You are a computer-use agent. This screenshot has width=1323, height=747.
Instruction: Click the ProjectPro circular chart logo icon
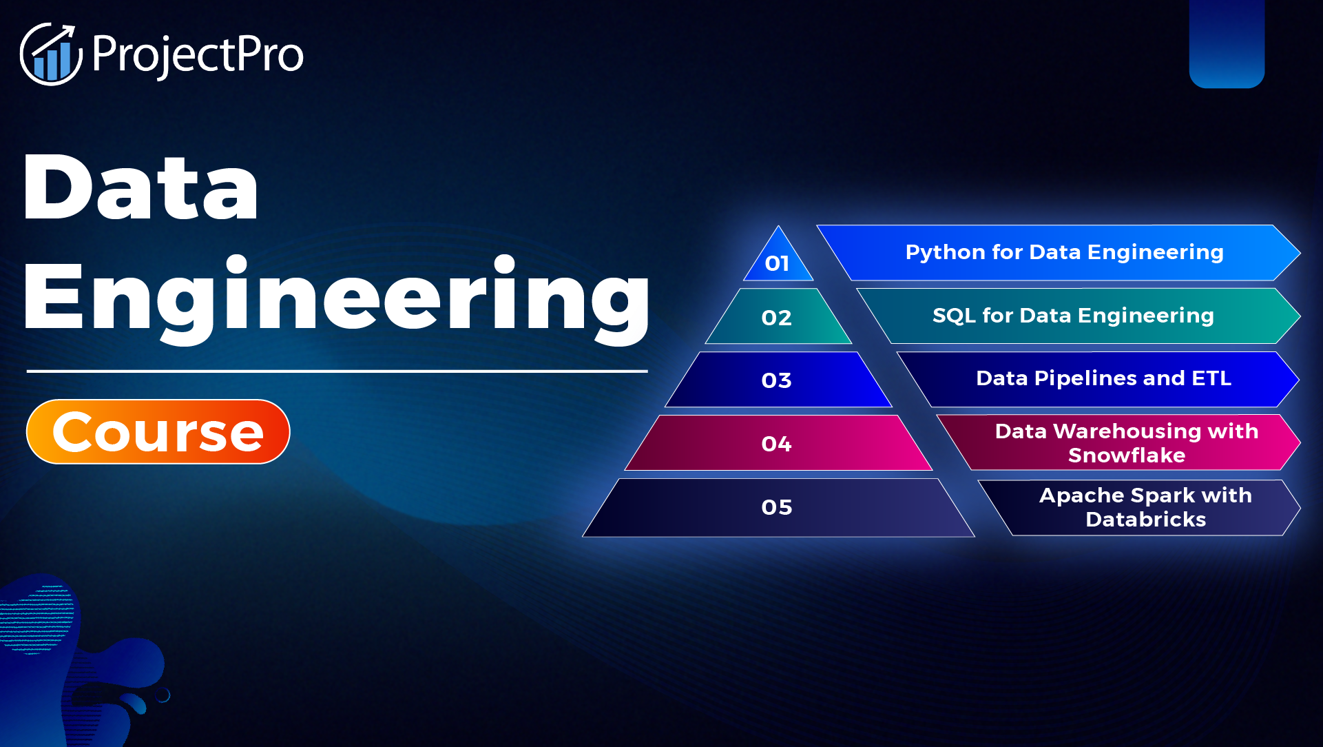[x=50, y=54]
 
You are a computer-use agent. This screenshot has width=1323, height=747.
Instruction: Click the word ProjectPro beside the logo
[x=197, y=54]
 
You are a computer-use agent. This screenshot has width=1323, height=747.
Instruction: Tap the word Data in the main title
[x=141, y=187]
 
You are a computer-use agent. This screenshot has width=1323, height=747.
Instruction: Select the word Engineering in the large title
[x=336, y=298]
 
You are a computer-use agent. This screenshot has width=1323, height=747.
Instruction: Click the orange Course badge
[x=158, y=432]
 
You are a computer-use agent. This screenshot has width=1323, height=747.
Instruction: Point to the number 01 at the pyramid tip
[x=777, y=263]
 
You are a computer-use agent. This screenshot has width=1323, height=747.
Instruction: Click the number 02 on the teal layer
[x=776, y=318]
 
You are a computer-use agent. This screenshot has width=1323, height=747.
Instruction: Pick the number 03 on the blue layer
[x=776, y=380]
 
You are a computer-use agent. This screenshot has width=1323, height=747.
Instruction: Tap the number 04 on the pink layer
[x=776, y=444]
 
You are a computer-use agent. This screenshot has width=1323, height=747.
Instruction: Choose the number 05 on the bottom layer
[x=776, y=507]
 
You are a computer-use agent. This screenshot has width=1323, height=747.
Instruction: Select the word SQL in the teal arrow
[x=953, y=316]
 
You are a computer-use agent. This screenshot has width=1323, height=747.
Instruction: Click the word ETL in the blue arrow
[x=1211, y=378]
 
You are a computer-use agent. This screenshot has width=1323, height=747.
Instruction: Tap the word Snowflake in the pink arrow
[x=1126, y=456]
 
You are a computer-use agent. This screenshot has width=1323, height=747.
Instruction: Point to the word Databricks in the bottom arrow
[x=1145, y=520]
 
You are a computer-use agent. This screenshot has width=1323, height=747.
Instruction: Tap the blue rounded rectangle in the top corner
[x=1227, y=43]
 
